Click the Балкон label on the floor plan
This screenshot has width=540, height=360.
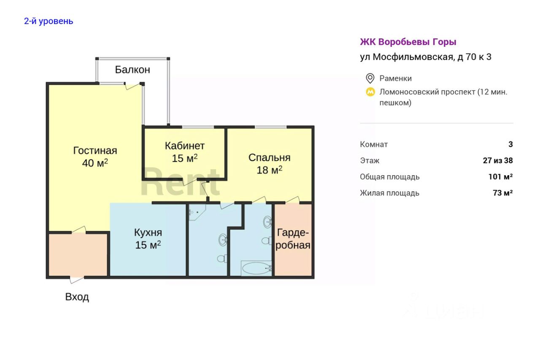click(x=132, y=70)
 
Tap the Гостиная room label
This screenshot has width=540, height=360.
click(x=95, y=151)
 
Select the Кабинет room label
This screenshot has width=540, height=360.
click(x=184, y=146)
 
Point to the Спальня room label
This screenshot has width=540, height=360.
click(x=269, y=158)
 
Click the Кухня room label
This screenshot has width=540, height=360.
click(x=148, y=233)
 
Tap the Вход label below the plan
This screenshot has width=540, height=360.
click(x=77, y=297)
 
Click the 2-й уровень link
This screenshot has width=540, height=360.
click(x=49, y=21)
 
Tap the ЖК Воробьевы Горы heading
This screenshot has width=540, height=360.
click(x=408, y=42)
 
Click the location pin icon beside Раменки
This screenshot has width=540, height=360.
click(x=370, y=78)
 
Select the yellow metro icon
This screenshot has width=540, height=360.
click(x=370, y=92)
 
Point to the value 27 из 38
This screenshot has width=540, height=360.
click(x=498, y=160)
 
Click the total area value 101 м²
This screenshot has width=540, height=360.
click(x=500, y=177)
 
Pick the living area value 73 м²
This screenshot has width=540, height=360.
click(x=502, y=193)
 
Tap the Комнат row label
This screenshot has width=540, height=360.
click(x=374, y=144)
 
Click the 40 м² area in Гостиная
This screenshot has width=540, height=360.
click(x=95, y=163)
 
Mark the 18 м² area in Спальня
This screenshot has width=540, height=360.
click(x=269, y=170)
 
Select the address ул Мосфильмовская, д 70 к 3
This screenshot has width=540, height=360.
click(x=425, y=57)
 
